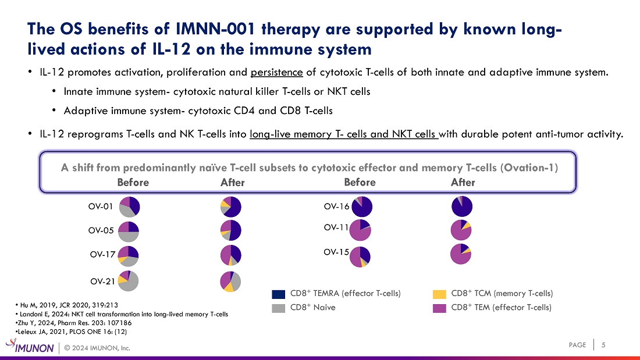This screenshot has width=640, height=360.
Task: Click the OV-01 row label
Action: pos(101,206)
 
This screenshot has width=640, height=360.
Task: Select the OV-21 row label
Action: pos(102,281)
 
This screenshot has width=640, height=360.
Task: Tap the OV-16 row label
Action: pos(336,206)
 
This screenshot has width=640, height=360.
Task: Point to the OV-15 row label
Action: pos(336,252)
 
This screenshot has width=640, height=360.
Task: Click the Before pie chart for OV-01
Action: pos(129,206)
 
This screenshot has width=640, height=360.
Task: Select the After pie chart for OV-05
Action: pos(230,230)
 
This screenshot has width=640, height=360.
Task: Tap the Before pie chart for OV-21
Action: pos(128,280)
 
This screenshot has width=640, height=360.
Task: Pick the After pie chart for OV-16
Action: pos(462,206)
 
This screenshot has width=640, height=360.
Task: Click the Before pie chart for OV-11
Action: pos(360,230)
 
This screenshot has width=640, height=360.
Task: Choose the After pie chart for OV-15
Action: pos(461,254)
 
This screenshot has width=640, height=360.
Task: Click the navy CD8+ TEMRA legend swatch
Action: pos(279,294)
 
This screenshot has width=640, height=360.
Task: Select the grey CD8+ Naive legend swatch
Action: pos(279,308)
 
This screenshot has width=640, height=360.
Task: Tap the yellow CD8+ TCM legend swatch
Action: pos(440,294)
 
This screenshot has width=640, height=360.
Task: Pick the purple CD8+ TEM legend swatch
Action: pos(440,308)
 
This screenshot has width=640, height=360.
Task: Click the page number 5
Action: pos(603,345)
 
